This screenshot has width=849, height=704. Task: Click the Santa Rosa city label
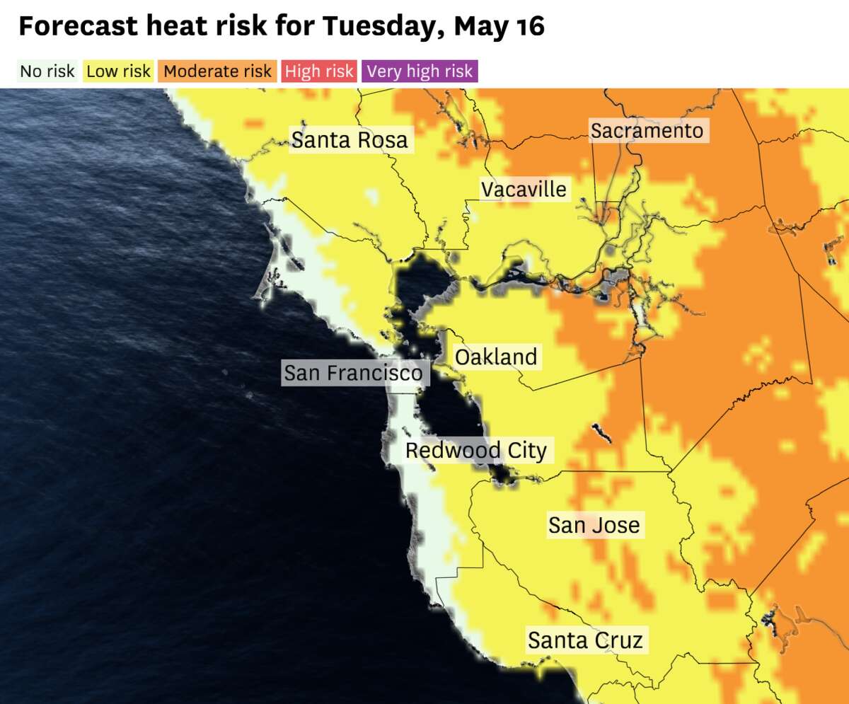point(350,140)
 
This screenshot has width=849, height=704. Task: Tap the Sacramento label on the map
point(647,131)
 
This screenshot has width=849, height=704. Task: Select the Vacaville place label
point(524,190)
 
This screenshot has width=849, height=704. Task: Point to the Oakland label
point(496,357)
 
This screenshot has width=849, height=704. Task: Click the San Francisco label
point(353,373)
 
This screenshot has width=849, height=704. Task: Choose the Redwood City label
point(475,451)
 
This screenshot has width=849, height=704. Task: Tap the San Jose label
point(594,525)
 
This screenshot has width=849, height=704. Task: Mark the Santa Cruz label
point(585,641)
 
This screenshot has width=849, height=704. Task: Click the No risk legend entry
point(47,71)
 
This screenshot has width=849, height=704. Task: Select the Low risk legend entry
point(118,71)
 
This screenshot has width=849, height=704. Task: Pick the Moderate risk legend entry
point(217,71)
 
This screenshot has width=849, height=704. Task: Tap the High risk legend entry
point(318,71)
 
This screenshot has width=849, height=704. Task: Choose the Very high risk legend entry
point(420,71)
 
